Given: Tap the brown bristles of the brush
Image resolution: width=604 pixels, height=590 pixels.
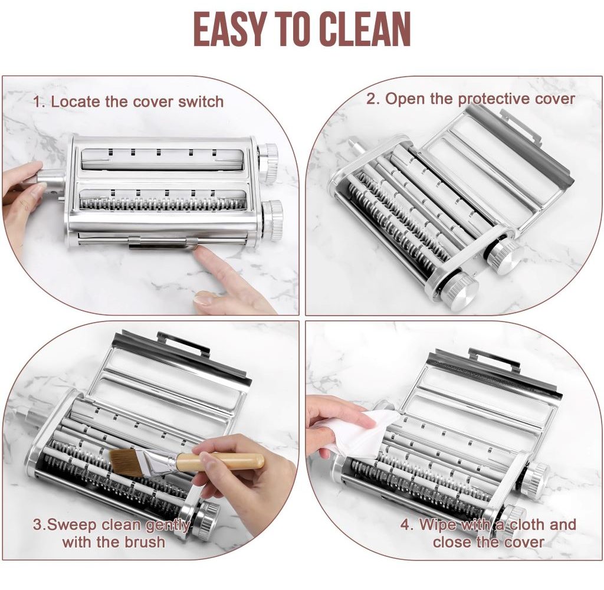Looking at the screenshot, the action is coord(123,460).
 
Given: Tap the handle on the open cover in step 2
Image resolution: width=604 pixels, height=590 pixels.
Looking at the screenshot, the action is coord(521,127).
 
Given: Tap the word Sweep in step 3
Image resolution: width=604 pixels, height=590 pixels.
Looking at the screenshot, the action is coord(74,525).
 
